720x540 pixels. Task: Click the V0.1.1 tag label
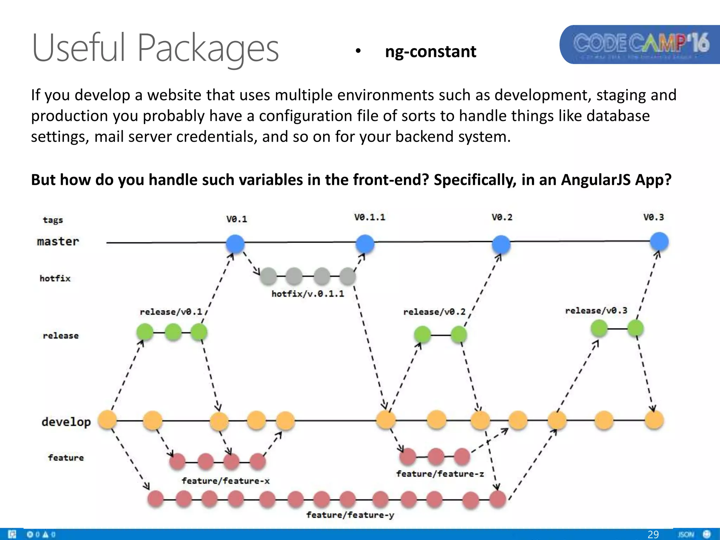click(x=369, y=217)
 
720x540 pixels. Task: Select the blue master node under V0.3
click(x=659, y=242)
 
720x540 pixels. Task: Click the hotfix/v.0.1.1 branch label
click(x=308, y=294)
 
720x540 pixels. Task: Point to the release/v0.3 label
click(x=596, y=311)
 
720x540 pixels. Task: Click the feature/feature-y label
click(x=350, y=515)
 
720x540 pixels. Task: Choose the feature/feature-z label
click(x=440, y=474)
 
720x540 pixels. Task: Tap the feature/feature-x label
click(x=225, y=481)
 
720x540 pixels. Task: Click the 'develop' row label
click(x=66, y=422)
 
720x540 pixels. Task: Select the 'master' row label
click(x=58, y=242)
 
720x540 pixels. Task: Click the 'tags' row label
click(x=53, y=220)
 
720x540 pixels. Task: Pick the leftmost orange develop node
click(x=107, y=420)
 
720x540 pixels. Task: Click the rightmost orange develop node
click(x=654, y=420)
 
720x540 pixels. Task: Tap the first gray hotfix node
click(x=269, y=276)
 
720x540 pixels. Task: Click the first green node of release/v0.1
click(x=145, y=332)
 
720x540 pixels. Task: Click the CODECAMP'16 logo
click(x=641, y=45)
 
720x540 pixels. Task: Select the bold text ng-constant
click(x=431, y=52)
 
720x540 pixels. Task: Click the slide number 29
click(x=653, y=534)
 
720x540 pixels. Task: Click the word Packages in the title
click(x=208, y=48)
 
